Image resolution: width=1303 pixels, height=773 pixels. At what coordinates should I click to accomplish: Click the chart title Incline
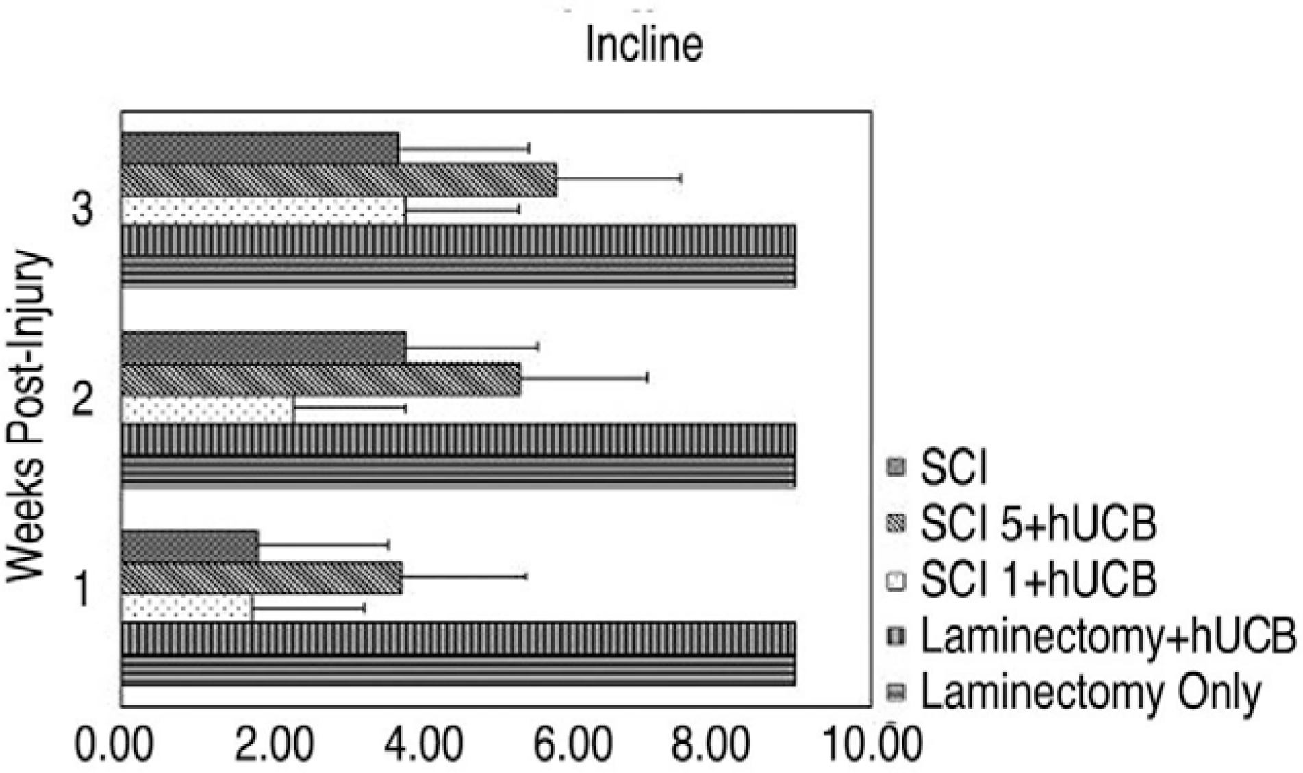tap(644, 45)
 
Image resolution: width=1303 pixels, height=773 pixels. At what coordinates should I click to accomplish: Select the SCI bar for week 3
tap(260, 148)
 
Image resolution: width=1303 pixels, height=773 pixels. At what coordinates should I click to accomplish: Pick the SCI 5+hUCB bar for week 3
tap(339, 179)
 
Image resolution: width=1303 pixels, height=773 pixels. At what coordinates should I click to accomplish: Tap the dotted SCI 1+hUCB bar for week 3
tap(263, 210)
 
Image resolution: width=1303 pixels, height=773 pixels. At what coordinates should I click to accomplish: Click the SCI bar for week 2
tap(264, 346)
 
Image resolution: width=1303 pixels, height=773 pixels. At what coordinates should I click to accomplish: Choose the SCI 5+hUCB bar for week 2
tap(321, 379)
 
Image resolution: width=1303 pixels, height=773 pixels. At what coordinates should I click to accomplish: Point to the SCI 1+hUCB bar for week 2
tap(207, 409)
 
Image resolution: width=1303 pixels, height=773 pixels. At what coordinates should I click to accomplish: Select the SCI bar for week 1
tap(190, 546)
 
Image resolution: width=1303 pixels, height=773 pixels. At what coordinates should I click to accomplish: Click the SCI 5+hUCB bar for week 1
tap(262, 577)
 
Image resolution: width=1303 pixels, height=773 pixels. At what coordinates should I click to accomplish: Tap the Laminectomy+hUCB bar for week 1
tap(458, 638)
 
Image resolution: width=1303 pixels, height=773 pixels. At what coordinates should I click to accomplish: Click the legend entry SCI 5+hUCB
tap(1038, 524)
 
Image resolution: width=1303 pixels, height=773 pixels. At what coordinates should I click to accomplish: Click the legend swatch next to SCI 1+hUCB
tap(896, 581)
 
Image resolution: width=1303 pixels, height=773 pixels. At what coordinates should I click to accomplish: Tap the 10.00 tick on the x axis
tap(872, 745)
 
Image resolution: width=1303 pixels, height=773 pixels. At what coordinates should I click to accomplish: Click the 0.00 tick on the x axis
tap(114, 745)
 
